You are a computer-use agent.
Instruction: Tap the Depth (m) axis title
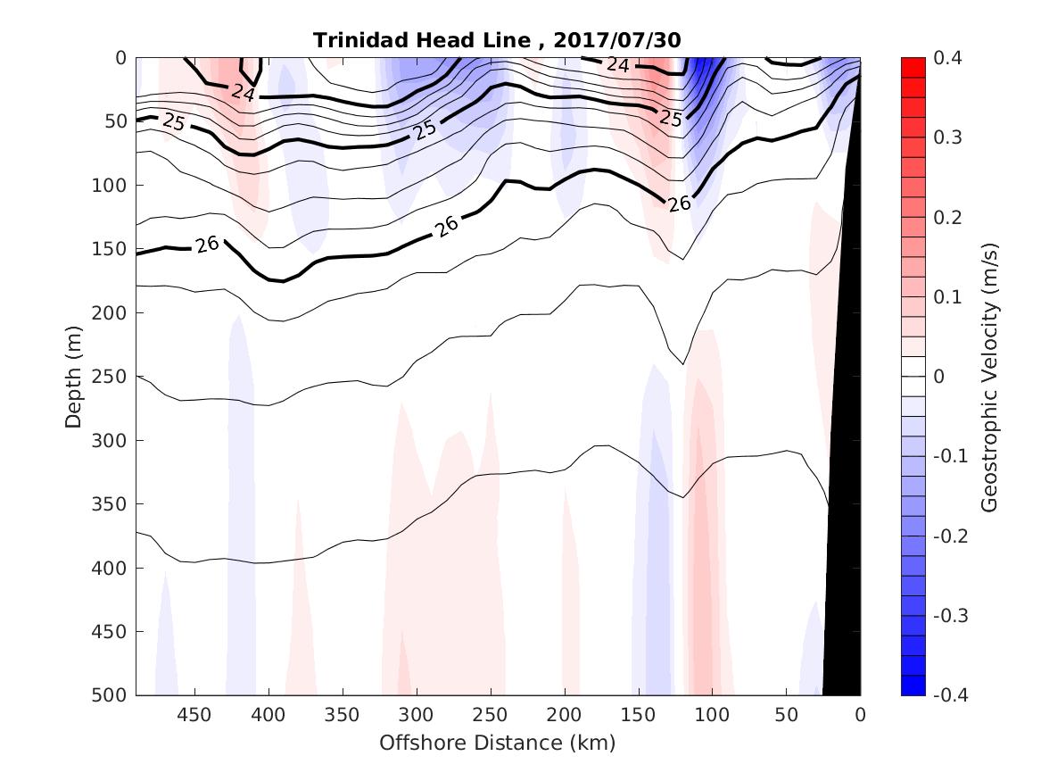(x=73, y=376)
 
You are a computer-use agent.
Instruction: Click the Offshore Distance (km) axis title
(x=497, y=743)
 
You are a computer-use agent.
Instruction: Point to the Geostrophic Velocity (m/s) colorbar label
(x=988, y=376)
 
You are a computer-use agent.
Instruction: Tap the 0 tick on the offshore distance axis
(x=860, y=715)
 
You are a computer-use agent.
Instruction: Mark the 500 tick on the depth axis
(x=110, y=695)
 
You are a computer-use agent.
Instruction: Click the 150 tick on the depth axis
(x=110, y=249)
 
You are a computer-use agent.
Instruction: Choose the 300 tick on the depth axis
(x=110, y=440)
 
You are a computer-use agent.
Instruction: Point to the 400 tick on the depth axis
(x=110, y=568)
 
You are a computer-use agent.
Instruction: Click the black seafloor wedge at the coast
(x=846, y=536)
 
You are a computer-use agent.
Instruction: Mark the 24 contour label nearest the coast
(x=616, y=64)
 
